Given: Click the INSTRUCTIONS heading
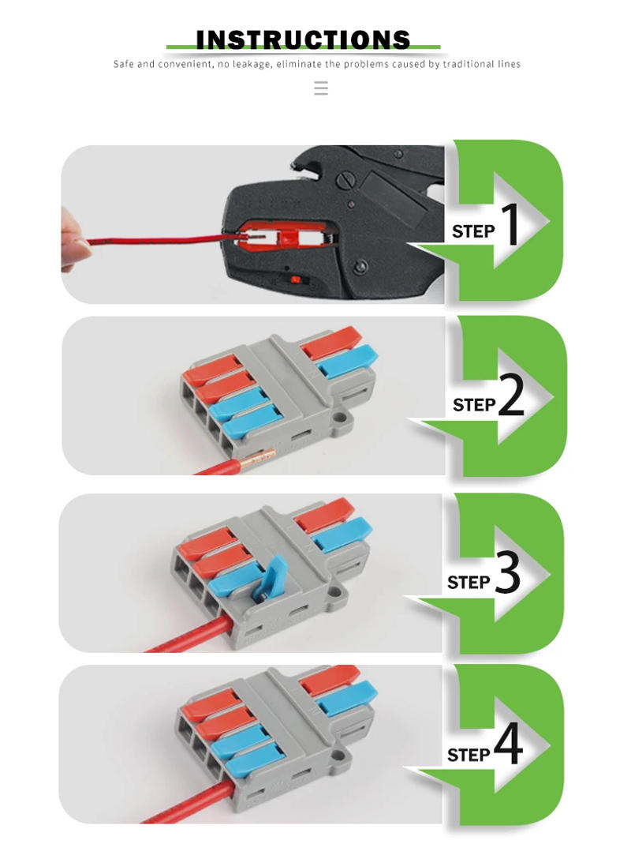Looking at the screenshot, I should [303, 39].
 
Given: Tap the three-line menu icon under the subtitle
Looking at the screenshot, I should [320, 88].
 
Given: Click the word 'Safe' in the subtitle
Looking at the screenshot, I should [123, 64].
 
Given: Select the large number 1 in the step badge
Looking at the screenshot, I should [510, 225].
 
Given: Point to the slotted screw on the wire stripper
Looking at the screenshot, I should [345, 180].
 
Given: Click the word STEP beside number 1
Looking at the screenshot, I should [473, 232].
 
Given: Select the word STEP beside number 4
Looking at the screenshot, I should [469, 756].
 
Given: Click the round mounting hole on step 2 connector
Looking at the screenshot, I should [342, 415].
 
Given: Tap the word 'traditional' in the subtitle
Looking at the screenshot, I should [469, 64].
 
